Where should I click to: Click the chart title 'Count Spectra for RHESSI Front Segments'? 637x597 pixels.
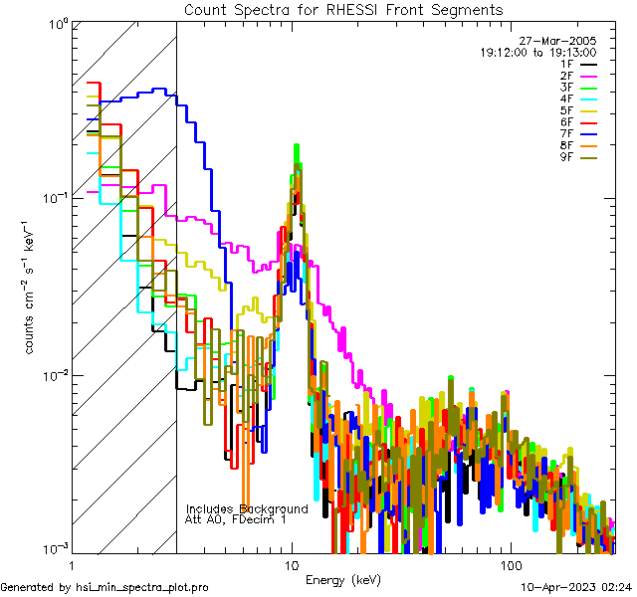pos(343,9)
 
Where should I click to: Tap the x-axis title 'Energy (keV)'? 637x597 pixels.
pos(342,579)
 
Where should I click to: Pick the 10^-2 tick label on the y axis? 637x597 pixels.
pos(53,375)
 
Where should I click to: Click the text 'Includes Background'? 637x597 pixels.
pos(246,508)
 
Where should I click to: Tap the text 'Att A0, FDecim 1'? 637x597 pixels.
pos(236,519)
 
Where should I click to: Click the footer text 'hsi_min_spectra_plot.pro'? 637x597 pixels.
pos(141,587)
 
